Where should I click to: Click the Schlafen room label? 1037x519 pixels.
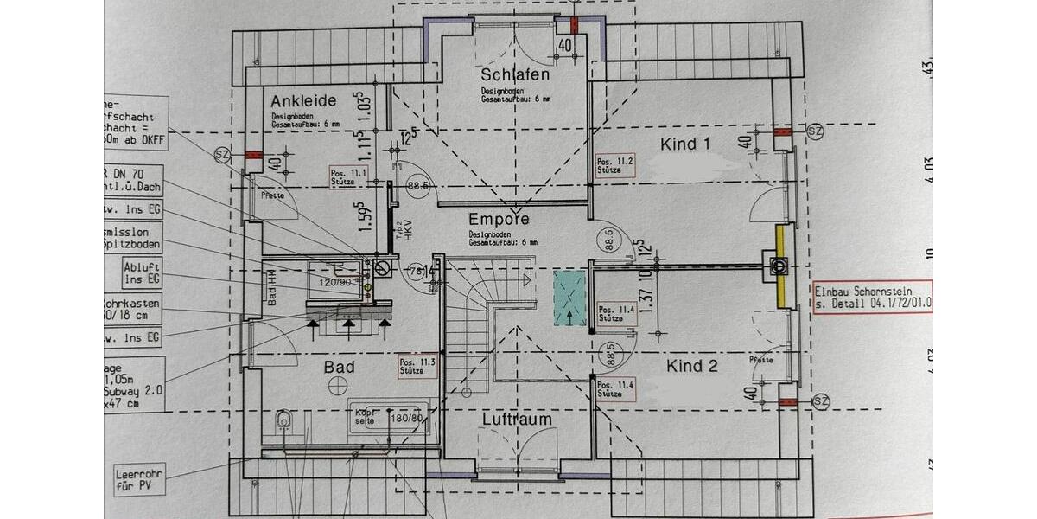tap(516, 75)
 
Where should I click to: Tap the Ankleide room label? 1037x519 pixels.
tap(302, 99)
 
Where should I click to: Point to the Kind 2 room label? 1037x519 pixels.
tap(691, 366)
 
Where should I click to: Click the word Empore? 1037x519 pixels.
tap(498, 219)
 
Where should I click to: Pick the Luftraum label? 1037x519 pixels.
tap(517, 419)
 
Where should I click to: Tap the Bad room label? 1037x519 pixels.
tap(339, 367)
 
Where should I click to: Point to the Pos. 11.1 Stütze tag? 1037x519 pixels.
tap(347, 176)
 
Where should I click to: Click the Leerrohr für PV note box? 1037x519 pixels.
tap(140, 478)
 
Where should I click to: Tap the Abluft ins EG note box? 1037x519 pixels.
tap(142, 273)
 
